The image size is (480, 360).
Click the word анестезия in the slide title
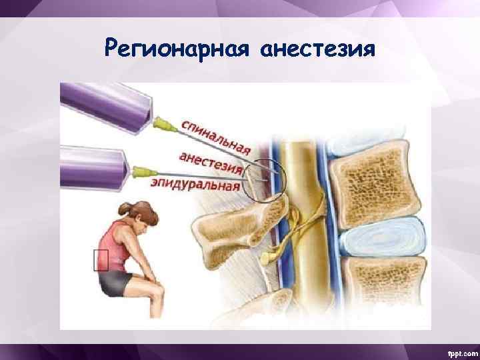pyautogui.click(x=319, y=49)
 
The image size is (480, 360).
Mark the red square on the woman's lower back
pyautogui.click(x=101, y=259)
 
